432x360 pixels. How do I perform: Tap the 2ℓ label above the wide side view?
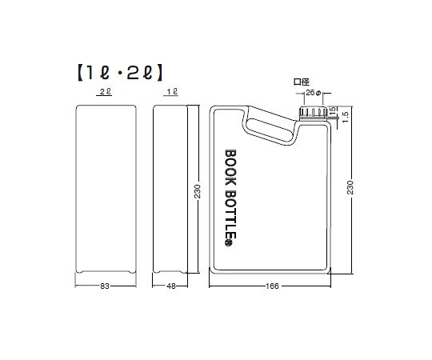[x=106, y=94]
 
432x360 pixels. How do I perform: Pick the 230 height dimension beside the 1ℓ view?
[x=197, y=191]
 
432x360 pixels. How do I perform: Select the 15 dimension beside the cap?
[x=332, y=110]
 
